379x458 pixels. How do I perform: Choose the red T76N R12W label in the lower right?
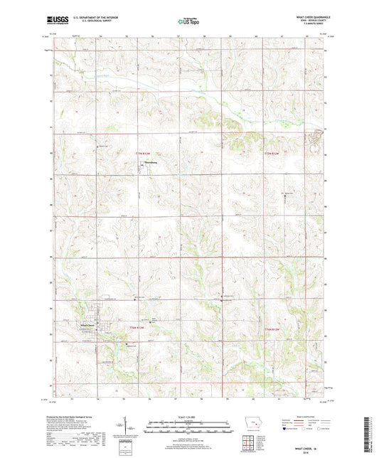273,328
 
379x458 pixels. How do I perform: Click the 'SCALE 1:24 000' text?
189,417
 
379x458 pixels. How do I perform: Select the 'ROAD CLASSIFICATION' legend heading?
303,418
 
